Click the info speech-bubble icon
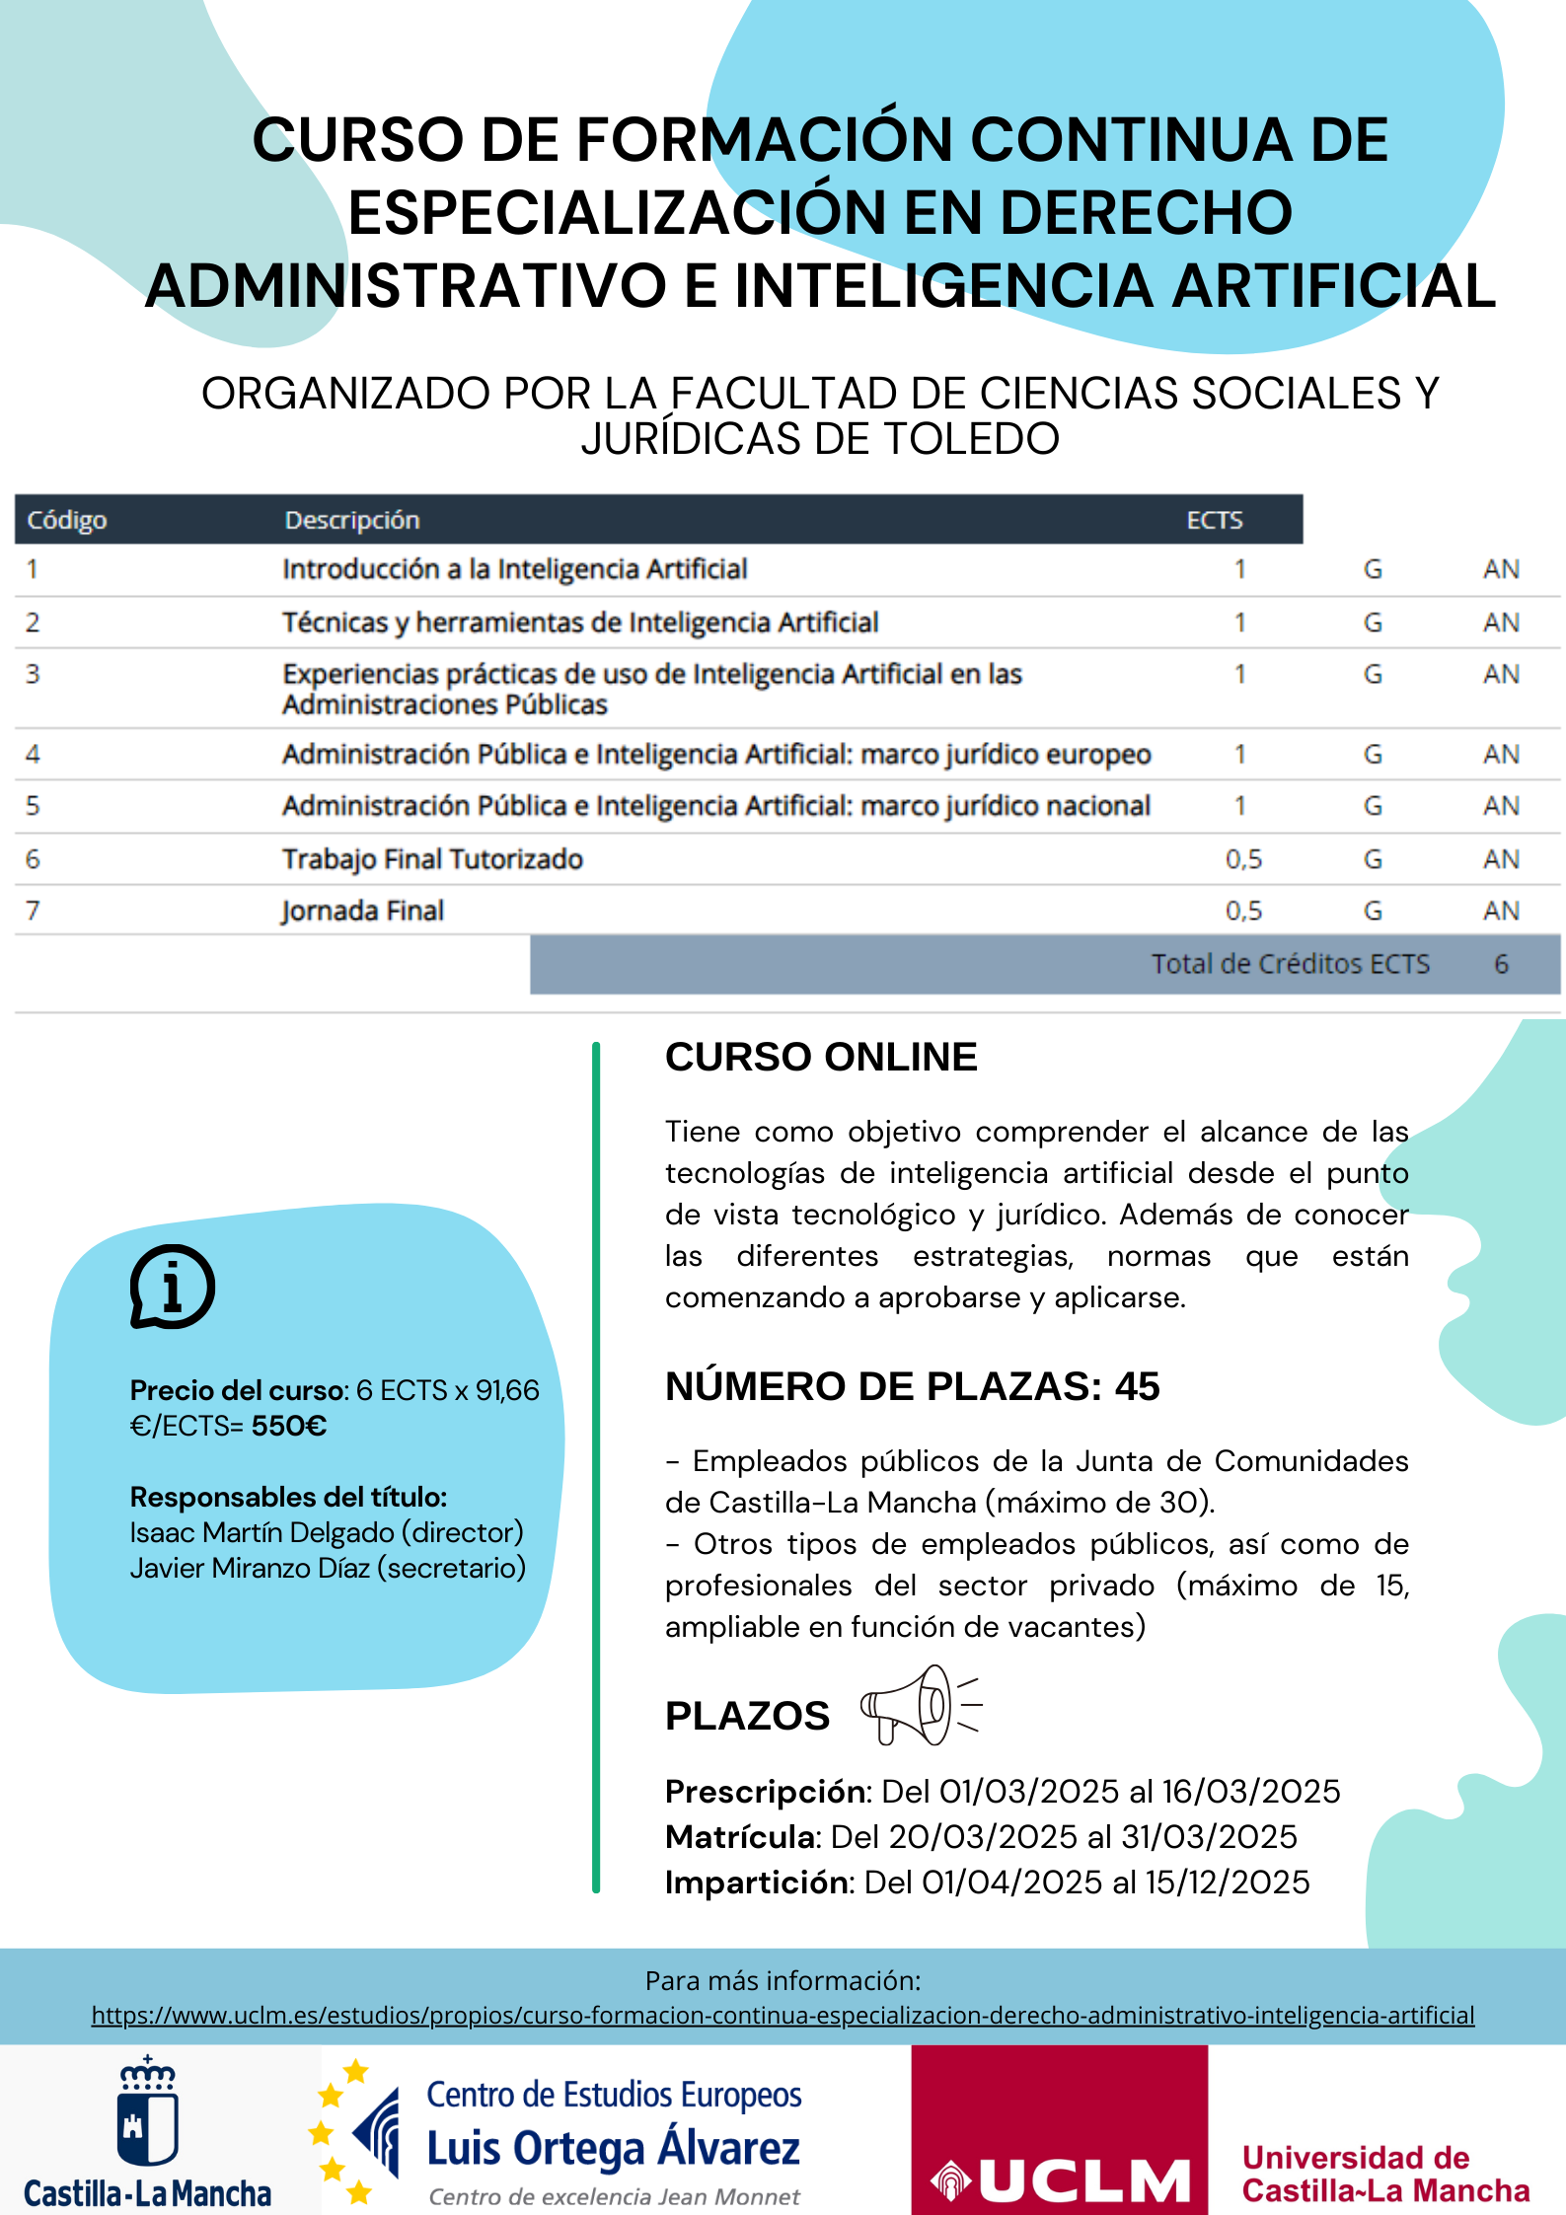[173, 1287]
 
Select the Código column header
[67, 520]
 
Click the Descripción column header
[352, 520]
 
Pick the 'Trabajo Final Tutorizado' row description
[432, 859]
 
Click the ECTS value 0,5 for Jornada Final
[1243, 911]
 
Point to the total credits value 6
[1501, 964]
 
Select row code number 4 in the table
[33, 755]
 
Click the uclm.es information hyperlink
[783, 2015]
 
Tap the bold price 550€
[289, 1426]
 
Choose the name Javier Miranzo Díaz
[251, 1568]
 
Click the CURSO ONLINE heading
[821, 1057]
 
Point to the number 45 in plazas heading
[1137, 1386]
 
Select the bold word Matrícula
[741, 1837]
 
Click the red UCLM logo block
[1059, 2129]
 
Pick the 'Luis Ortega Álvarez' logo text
[613, 2148]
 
